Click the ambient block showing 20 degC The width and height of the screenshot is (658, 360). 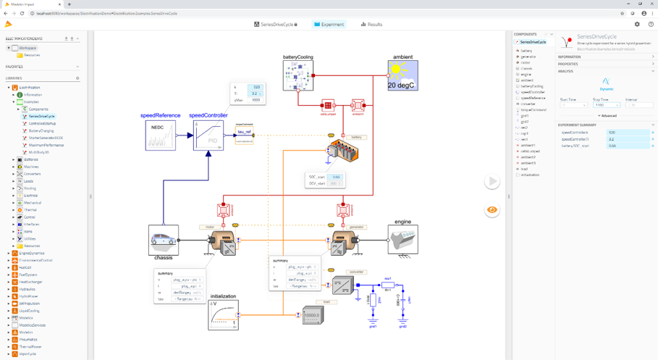(402, 75)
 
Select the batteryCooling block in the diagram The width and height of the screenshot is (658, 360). (298, 75)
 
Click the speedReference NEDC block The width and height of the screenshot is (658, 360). (160, 135)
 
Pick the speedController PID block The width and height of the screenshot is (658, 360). (208, 135)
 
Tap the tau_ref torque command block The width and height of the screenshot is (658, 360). (245, 133)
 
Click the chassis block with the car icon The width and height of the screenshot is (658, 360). (164, 240)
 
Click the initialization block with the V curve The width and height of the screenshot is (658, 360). (223, 315)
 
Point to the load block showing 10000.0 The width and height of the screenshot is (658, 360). (313, 315)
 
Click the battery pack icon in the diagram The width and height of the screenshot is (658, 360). (342, 152)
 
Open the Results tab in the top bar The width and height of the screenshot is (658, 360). (371, 25)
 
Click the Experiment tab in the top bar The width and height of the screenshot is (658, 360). (329, 25)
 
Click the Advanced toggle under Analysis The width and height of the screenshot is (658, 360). (607, 116)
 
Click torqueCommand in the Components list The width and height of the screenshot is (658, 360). (533, 110)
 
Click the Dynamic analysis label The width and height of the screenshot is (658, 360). (607, 89)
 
